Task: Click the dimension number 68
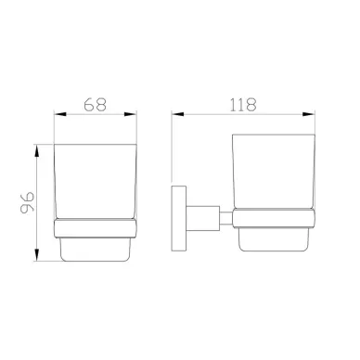click(x=96, y=105)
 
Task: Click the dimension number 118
click(x=243, y=105)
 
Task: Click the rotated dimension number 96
click(x=27, y=203)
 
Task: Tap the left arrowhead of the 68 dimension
click(x=60, y=114)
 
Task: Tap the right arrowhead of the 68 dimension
click(x=130, y=114)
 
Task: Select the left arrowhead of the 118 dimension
click(x=178, y=114)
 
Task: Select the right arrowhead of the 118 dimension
click(x=309, y=114)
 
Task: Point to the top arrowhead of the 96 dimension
click(x=37, y=151)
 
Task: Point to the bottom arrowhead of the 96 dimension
click(x=37, y=254)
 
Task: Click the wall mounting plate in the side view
click(x=179, y=218)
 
